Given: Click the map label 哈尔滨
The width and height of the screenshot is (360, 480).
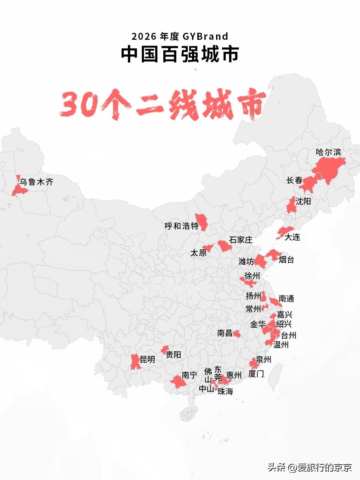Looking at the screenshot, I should click(x=328, y=152).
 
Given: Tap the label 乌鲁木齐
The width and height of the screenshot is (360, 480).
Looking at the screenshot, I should click(x=36, y=182).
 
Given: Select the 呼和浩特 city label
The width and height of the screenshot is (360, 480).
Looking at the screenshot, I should click(x=181, y=226).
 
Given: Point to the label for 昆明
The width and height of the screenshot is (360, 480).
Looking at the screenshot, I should click(x=147, y=360).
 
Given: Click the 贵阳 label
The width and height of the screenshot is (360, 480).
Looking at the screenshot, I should click(x=173, y=355).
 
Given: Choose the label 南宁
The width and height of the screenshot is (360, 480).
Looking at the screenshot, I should click(x=189, y=375).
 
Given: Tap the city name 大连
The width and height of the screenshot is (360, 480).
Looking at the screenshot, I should click(x=292, y=237).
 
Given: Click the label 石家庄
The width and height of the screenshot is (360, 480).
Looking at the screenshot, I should click(x=241, y=240).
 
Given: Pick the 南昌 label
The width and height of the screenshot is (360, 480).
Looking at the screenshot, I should click(x=224, y=333).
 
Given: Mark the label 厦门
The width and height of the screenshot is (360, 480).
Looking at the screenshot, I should click(x=256, y=374).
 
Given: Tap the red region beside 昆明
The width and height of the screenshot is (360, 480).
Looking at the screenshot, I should click(x=135, y=362).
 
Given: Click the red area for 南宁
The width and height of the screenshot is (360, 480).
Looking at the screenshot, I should click(x=178, y=382).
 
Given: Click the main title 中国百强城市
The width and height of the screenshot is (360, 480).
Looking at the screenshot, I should click(x=180, y=54).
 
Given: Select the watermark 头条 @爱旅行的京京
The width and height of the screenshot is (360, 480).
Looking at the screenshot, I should click(x=309, y=467).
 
